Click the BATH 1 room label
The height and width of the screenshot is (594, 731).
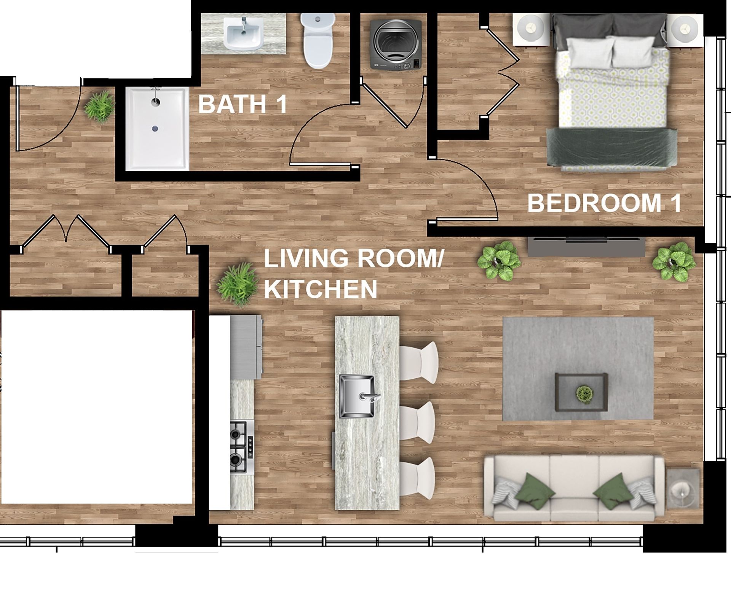coord(243,104)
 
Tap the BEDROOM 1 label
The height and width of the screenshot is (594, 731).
coord(604,203)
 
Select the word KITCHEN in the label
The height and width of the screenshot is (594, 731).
coord(321,289)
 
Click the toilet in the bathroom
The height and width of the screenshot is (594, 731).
coord(318,41)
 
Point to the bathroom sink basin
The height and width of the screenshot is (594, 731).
coord(243,34)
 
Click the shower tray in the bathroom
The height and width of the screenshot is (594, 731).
coord(157,129)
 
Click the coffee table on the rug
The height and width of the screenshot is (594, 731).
coord(581,392)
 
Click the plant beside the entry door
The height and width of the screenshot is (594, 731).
coord(99,106)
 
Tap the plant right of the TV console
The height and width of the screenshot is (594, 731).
coord(674,262)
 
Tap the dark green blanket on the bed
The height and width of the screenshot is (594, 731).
coord(612,147)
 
